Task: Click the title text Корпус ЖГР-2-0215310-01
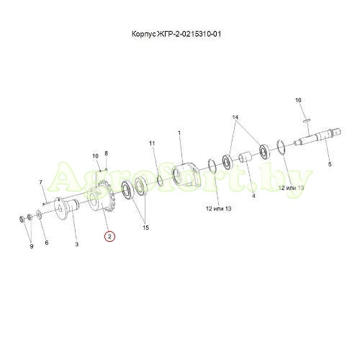click(176, 34)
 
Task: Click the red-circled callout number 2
click(109, 237)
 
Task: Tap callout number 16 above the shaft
click(298, 100)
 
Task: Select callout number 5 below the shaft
click(330, 164)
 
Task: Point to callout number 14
click(235, 117)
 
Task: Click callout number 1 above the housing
click(179, 132)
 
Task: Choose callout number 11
click(152, 143)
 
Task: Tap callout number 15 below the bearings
click(146, 228)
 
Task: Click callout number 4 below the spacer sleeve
click(253, 196)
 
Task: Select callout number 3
click(77, 244)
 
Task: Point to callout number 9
click(32, 246)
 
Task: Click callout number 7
click(40, 182)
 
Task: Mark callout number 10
click(96, 156)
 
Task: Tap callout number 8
click(107, 153)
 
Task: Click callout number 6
click(47, 243)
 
